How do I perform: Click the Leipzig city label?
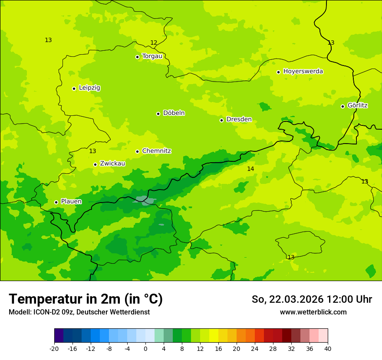pyautogui.click(x=89, y=88)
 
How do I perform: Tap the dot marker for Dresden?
pyautogui.click(x=221, y=120)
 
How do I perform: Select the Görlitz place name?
pyautogui.click(x=358, y=105)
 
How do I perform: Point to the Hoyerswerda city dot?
pyautogui.click(x=278, y=72)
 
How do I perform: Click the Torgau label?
pyautogui.click(x=152, y=56)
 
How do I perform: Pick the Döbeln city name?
pyautogui.click(x=174, y=113)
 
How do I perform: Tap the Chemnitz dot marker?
pyautogui.click(x=137, y=151)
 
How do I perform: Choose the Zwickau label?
pyautogui.click(x=112, y=164)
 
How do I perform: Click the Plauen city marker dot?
pyautogui.click(x=56, y=202)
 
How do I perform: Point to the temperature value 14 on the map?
pyautogui.click(x=250, y=169)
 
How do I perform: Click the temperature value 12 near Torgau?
pyautogui.click(x=154, y=43)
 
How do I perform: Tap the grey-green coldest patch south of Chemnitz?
pyautogui.click(x=145, y=200)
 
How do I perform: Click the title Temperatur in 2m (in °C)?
pyautogui.click(x=86, y=299)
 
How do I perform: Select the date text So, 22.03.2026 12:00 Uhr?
pyautogui.click(x=312, y=299)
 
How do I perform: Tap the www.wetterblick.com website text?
pyautogui.click(x=313, y=312)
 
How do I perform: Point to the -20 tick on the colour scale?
pyautogui.click(x=54, y=348)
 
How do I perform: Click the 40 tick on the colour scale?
pyautogui.click(x=327, y=348)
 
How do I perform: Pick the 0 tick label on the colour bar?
pyautogui.click(x=145, y=348)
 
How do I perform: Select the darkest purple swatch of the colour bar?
pyautogui.click(x=59, y=336)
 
